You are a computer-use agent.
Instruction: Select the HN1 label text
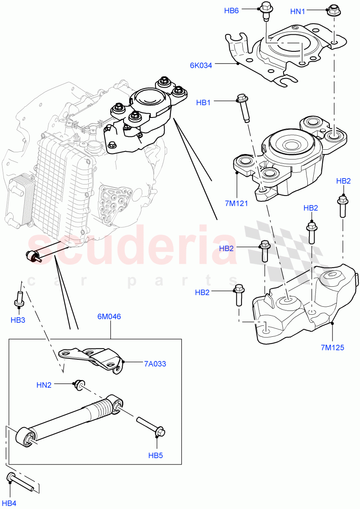click(298, 12)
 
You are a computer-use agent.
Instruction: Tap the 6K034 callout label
click(201, 65)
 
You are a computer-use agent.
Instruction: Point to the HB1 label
click(203, 103)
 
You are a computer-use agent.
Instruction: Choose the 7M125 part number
click(332, 347)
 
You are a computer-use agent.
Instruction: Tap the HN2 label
click(44, 385)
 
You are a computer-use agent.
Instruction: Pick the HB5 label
click(155, 455)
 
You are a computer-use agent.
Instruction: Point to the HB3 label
click(18, 320)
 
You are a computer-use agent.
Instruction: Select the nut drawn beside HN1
click(332, 10)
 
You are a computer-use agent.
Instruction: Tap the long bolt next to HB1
click(243, 107)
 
